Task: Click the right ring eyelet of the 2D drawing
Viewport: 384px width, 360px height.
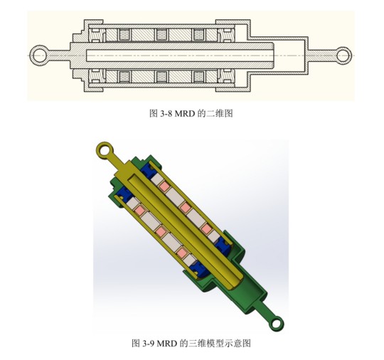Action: [x=344, y=54]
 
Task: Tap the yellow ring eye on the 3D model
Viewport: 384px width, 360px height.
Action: [x=103, y=150]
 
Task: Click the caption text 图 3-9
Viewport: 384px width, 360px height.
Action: [x=143, y=344]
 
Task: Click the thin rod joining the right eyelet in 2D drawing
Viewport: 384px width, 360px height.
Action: [x=323, y=54]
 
